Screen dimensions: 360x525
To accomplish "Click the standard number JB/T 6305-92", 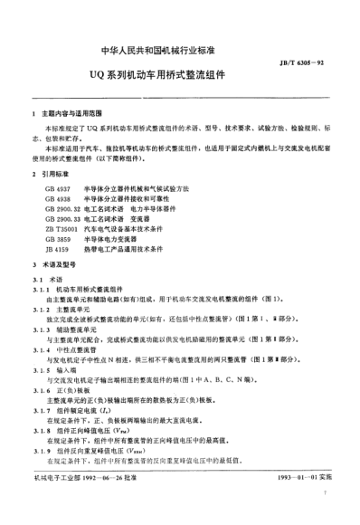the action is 316,56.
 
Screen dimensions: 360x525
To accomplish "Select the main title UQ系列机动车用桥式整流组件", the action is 180,76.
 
